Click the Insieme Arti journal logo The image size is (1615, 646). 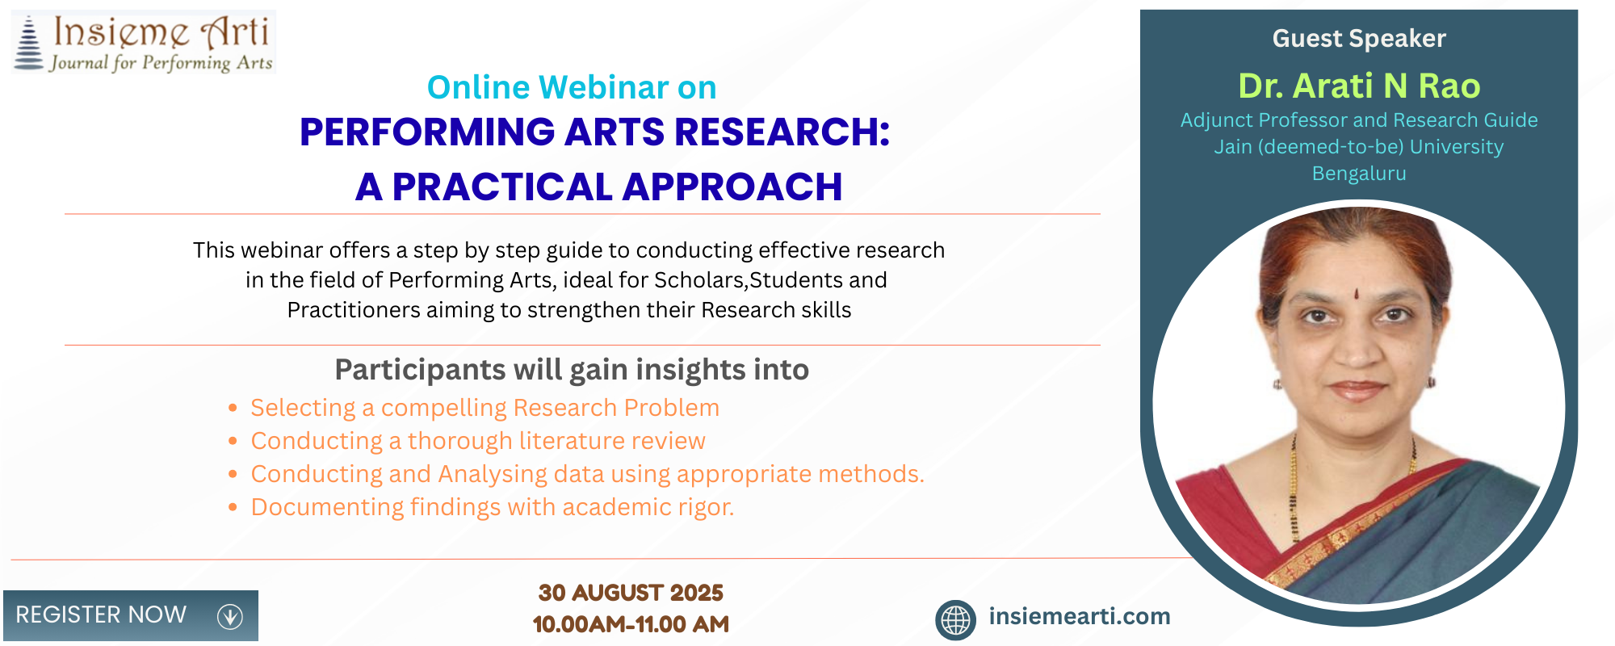(143, 42)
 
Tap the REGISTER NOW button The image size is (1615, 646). (131, 615)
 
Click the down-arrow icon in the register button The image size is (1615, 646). (230, 616)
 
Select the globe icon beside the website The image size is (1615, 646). (955, 620)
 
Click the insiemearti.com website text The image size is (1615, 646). (1080, 616)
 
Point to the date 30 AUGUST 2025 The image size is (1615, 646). (631, 593)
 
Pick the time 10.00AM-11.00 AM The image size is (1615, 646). (631, 624)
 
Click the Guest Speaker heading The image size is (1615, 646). (1359, 39)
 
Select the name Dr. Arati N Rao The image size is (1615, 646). (1359, 86)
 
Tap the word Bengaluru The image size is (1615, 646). (1359, 174)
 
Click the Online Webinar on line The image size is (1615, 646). (572, 87)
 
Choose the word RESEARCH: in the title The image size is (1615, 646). (782, 132)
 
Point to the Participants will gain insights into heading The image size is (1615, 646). (572, 370)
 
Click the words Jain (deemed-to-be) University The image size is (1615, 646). (1359, 147)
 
